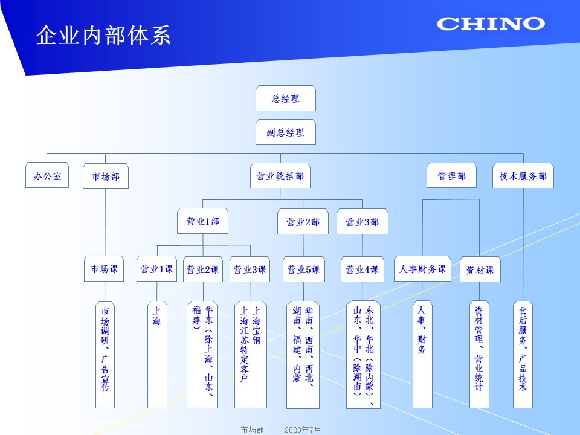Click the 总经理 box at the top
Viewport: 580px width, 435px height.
pyautogui.click(x=286, y=98)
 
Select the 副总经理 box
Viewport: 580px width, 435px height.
pyautogui.click(x=286, y=132)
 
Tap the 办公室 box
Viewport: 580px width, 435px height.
pyautogui.click(x=47, y=176)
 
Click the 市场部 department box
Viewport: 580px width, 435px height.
pyautogui.click(x=106, y=176)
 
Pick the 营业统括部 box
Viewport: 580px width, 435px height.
pyautogui.click(x=280, y=176)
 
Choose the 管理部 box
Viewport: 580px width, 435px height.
pyautogui.click(x=451, y=176)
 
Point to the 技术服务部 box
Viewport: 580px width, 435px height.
pyautogui.click(x=523, y=176)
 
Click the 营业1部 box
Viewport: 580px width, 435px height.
pyautogui.click(x=202, y=222)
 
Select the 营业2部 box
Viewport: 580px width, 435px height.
pyautogui.click(x=303, y=222)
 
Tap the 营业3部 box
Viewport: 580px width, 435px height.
pyautogui.click(x=362, y=222)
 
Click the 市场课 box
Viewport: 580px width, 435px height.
pyautogui.click(x=104, y=269)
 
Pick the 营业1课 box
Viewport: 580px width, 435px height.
pyautogui.click(x=157, y=269)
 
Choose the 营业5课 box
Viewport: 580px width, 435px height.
pyautogui.click(x=303, y=269)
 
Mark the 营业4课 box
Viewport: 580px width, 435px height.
pyautogui.click(x=362, y=269)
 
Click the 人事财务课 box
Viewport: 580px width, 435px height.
pyautogui.click(x=422, y=269)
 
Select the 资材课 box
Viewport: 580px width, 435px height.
pyautogui.click(x=480, y=269)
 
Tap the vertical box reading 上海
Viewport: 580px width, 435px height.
pyautogui.click(x=157, y=355)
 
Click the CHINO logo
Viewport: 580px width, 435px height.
pyautogui.click(x=490, y=24)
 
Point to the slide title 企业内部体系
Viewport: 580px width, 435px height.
pyautogui.click(x=103, y=36)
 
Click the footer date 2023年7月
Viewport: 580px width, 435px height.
pyautogui.click(x=303, y=430)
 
